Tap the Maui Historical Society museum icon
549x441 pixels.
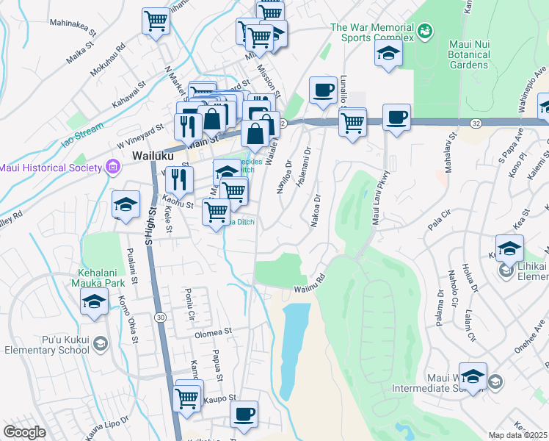point(112,168)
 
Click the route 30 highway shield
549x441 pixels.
point(159,316)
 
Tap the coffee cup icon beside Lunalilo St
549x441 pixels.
point(322,90)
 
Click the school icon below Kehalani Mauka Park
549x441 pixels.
point(94,301)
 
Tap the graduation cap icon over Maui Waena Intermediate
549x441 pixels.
point(473,376)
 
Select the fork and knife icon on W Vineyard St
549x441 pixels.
point(188,126)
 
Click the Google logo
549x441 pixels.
point(24,432)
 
